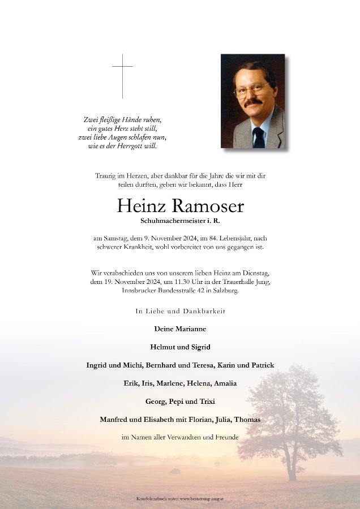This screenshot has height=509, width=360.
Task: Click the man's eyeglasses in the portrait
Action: coord(251,90)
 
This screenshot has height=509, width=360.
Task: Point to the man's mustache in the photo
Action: coord(252,103)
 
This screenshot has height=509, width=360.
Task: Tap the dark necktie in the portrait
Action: coord(259,137)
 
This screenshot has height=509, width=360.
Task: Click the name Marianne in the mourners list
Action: coord(190,329)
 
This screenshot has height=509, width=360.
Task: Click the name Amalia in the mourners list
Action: coord(225,383)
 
